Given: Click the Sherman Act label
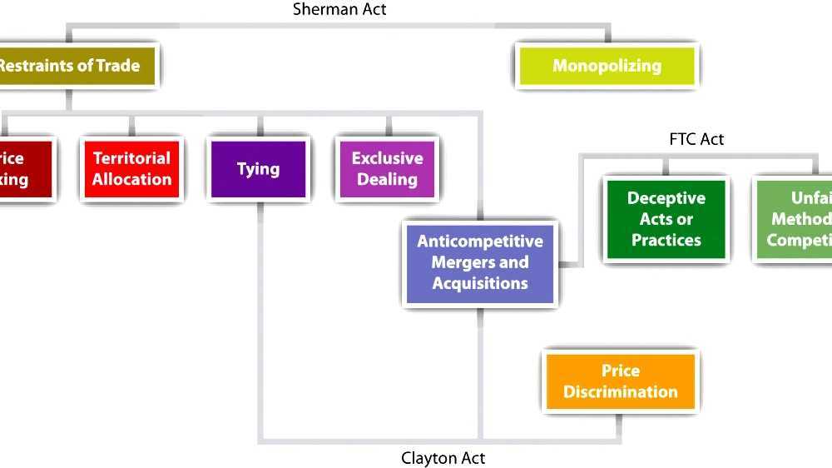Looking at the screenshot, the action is click(339, 10).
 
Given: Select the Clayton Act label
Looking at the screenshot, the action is click(443, 458).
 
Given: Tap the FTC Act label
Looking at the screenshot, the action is click(696, 139).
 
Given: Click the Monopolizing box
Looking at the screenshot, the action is click(607, 66).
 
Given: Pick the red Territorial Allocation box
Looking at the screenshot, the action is click(131, 168).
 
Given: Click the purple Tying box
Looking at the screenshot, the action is click(258, 168).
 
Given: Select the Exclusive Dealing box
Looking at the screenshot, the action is click(387, 168).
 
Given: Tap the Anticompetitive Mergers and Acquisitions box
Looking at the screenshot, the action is click(480, 262).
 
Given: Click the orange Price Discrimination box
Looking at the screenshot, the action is click(620, 381).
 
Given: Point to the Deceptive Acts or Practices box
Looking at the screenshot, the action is click(666, 219).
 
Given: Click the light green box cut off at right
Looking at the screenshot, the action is click(795, 219).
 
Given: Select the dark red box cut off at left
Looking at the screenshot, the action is click(23, 168).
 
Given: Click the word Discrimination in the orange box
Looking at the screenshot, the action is click(621, 391).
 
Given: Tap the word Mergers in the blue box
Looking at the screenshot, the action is click(480, 262).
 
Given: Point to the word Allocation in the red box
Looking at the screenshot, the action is click(131, 179).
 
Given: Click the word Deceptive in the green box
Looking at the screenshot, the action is click(666, 198).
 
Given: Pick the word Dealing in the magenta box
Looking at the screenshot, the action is click(387, 179).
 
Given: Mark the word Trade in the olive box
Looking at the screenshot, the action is click(117, 66).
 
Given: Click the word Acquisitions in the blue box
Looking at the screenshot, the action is click(480, 283).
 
